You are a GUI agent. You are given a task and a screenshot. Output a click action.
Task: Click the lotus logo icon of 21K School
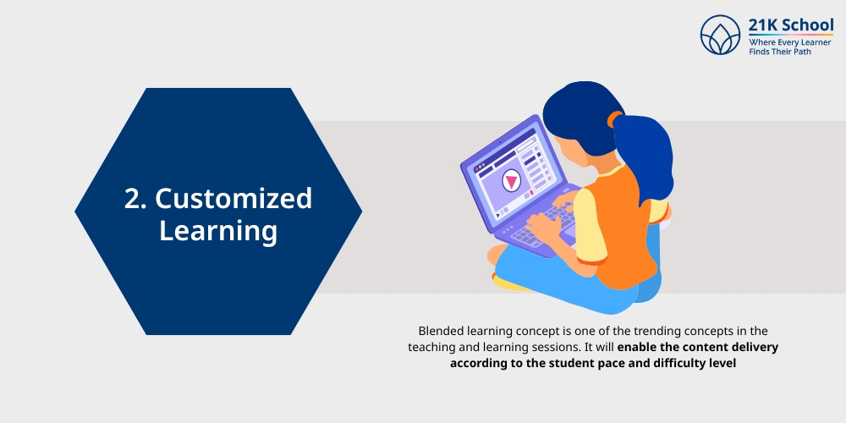coord(721,36)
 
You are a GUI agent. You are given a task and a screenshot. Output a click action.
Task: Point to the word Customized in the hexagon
coord(233,199)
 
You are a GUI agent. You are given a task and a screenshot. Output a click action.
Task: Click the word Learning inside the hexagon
coord(218,230)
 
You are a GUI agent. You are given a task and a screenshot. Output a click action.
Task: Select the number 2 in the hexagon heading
coord(132,199)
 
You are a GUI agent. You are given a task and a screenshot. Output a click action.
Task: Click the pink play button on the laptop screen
coord(511,180)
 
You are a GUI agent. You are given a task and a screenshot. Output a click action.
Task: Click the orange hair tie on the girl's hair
coord(613,119)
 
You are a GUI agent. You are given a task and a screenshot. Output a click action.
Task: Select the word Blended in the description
coord(442,331)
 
